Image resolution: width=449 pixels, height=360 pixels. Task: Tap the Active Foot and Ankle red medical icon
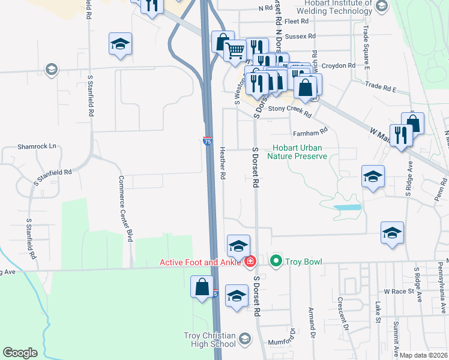tap(250, 262)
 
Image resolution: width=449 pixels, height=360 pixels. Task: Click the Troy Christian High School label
tap(209, 340)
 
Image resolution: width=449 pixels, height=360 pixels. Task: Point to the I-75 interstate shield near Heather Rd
tap(207, 141)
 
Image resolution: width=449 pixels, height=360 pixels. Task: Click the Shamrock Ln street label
tap(37, 146)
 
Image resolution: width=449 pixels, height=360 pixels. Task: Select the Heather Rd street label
tap(223, 164)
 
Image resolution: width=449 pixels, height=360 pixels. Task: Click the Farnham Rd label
tap(310, 131)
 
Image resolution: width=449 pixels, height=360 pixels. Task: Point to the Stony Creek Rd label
tap(289, 110)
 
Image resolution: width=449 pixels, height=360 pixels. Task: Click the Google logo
tap(20, 353)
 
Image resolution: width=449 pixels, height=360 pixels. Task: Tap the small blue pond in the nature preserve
tap(348, 207)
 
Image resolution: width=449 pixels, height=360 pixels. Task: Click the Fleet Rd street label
tap(296, 22)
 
